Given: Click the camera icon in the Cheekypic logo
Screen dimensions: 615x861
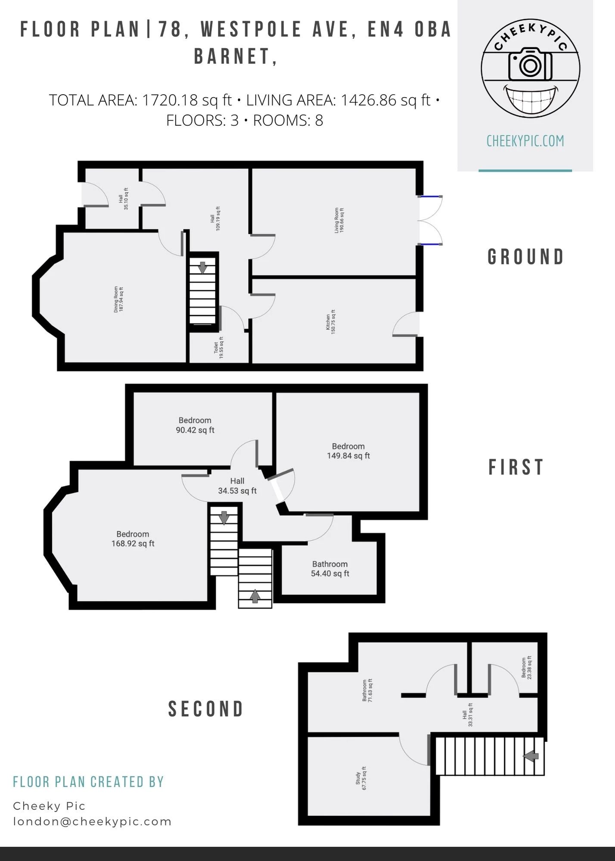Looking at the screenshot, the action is coord(530,64).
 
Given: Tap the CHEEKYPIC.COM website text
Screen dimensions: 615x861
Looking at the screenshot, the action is coord(525,141).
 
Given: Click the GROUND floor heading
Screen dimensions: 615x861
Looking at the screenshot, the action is coord(525,257).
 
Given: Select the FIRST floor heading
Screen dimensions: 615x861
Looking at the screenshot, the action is coord(516,467).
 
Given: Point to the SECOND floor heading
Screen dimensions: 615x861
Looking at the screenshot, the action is coord(206,709).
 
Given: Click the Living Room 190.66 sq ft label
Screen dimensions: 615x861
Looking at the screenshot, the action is coord(339,220).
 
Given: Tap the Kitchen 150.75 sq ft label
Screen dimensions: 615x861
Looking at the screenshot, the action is coord(330,322).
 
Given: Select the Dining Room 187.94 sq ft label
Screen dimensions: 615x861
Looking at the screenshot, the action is coord(118,299).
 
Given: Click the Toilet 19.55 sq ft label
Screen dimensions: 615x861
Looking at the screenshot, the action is coord(219,348).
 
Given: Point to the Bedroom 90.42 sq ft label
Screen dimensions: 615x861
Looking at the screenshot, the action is coord(195,425).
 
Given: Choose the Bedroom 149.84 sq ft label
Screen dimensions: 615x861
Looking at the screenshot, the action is coord(348,451).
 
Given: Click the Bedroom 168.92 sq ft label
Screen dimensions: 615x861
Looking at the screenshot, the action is coord(133,539).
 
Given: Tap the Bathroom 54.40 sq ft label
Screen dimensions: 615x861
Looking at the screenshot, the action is coord(330,569).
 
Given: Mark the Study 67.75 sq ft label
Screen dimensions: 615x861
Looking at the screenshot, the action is coord(361,778).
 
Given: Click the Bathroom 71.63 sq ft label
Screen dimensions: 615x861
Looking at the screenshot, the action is coord(367,691).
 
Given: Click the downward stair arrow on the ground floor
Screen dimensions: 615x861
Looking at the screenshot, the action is coord(203,267).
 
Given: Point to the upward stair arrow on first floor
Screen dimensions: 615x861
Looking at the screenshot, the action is coord(255,596).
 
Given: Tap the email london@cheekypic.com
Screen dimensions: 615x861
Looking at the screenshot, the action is coord(93,821).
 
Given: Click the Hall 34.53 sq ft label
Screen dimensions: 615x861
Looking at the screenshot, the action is coord(237,486).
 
